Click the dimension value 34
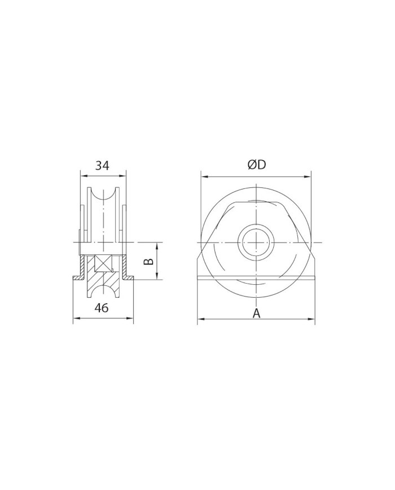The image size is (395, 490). [102, 165]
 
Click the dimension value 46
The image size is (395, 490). [102, 308]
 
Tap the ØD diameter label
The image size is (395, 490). [257, 165]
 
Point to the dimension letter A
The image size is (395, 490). [256, 313]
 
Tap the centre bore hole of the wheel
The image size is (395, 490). [256, 242]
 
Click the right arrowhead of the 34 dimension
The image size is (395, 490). [122, 175]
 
